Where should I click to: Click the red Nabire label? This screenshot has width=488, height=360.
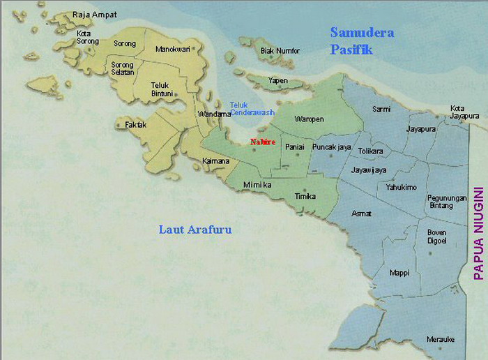click(262, 142)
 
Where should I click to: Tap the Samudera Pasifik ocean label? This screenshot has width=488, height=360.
click(362, 40)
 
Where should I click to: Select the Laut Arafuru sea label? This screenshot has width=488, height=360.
click(195, 229)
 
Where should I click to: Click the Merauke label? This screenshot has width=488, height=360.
click(441, 339)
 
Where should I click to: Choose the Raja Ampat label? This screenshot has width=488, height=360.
click(95, 14)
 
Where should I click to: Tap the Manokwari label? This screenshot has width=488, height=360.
click(174, 50)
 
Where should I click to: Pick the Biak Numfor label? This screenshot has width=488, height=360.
click(280, 51)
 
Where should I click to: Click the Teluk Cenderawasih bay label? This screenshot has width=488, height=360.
click(252, 108)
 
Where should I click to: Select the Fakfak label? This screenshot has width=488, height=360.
click(136, 125)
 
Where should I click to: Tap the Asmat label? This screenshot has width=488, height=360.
click(362, 213)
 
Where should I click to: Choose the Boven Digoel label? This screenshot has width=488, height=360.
click(441, 236)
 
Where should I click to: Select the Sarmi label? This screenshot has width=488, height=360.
click(381, 110)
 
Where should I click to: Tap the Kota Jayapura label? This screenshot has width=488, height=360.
click(465, 112)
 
